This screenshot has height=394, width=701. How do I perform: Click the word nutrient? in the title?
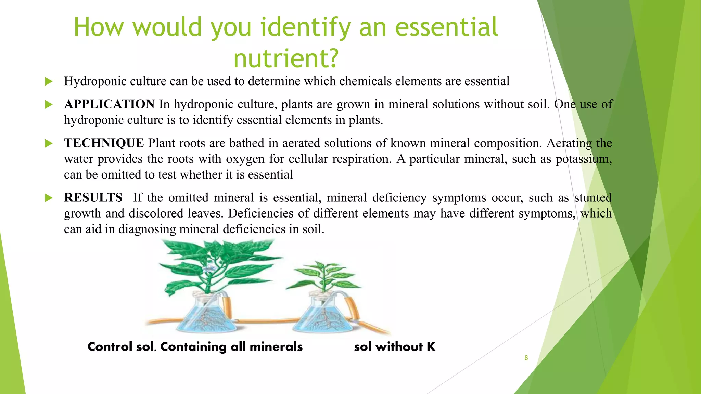point(286,58)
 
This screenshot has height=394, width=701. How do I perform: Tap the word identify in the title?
point(306,27)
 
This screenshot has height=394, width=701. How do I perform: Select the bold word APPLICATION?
point(109,104)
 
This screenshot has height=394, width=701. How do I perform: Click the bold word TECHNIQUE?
point(104,143)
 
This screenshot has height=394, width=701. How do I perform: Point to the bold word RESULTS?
point(93,197)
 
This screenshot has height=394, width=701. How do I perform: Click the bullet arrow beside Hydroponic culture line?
point(49,81)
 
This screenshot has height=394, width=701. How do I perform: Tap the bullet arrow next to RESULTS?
point(49,198)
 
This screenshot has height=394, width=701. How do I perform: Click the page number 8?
point(526,358)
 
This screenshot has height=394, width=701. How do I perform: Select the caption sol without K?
point(395,347)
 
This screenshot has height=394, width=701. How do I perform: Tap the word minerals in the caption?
point(276,347)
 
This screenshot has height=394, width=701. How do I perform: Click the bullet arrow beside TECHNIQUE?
point(49,143)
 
